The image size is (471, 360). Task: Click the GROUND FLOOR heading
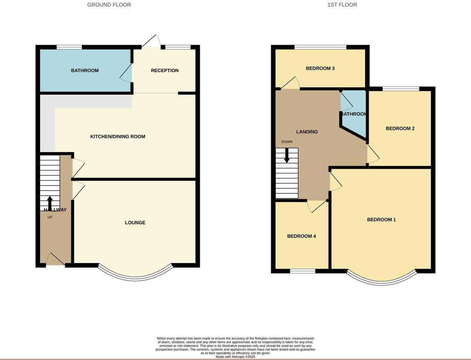coord(109,5)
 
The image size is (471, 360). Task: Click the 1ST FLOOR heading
coord(342,5)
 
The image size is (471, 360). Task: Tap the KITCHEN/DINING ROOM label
coord(118,136)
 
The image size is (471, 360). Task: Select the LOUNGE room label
coord(135,222)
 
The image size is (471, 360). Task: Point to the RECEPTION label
coord(165,71)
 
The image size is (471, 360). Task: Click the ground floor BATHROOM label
coord(85,71)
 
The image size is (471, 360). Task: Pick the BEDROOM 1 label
coord(382,220)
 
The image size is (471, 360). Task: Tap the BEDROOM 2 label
coord(400,128)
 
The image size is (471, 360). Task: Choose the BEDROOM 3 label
coord(320,68)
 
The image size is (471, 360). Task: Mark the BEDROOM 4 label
coord(301,236)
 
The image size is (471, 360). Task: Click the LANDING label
coord(307,132)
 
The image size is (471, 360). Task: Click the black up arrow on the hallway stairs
coord(50,203)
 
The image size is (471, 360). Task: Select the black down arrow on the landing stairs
coord(287,155)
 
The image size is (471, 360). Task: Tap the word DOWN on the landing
coord(287,142)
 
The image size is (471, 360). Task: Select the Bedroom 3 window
coord(320,47)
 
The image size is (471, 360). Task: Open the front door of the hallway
coord(56,260)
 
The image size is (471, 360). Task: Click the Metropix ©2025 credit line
coord(235,357)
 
